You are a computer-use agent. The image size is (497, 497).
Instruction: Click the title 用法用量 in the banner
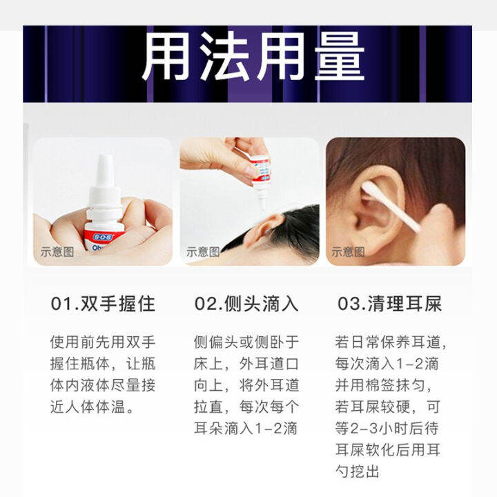[253, 57]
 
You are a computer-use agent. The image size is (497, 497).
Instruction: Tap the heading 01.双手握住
[103, 304]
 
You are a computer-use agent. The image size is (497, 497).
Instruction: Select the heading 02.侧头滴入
[246, 304]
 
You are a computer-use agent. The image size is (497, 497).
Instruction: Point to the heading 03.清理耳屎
[389, 304]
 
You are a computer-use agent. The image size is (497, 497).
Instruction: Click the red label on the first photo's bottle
[104, 236]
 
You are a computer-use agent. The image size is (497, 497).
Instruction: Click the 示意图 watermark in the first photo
[57, 252]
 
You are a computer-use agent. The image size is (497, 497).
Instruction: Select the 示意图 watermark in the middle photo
[203, 252]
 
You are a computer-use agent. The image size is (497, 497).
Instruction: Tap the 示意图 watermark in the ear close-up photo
[348, 252]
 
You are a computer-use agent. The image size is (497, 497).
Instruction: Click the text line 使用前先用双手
[103, 342]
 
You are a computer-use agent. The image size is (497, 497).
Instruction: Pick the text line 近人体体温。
[92, 407]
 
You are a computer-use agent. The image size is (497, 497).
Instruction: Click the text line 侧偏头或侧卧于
[246, 342]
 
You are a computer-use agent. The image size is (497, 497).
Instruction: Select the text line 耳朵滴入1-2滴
[246, 429]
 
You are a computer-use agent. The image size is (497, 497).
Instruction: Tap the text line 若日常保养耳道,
[391, 342]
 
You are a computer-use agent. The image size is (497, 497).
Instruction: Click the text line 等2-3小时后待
[387, 429]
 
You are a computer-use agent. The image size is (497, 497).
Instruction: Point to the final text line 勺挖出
[358, 471]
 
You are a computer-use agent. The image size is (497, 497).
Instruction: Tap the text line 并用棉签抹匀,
[383, 385]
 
